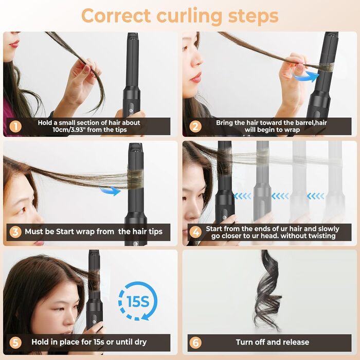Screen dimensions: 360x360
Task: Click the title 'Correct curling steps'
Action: pyautogui.click(x=179, y=15)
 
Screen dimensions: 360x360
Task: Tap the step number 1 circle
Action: pyautogui.click(x=16, y=126)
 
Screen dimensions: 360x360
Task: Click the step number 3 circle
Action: pyautogui.click(x=16, y=232)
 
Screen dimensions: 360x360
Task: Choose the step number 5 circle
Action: pyautogui.click(x=16, y=342)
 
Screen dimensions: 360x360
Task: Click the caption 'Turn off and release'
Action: pyautogui.click(x=273, y=342)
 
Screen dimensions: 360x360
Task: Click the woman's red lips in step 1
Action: pyautogui.click(x=13, y=45)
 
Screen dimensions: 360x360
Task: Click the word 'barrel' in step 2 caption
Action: pyautogui.click(x=299, y=123)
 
